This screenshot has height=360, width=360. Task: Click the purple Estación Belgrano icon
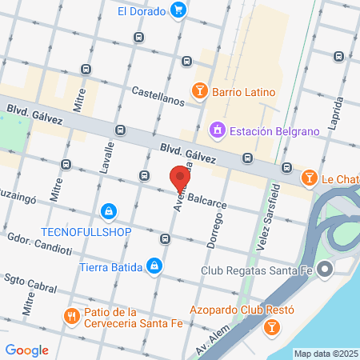216,129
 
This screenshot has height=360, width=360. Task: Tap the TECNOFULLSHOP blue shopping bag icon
107,212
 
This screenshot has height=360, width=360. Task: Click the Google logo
26,350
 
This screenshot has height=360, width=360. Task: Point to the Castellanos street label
158,92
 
